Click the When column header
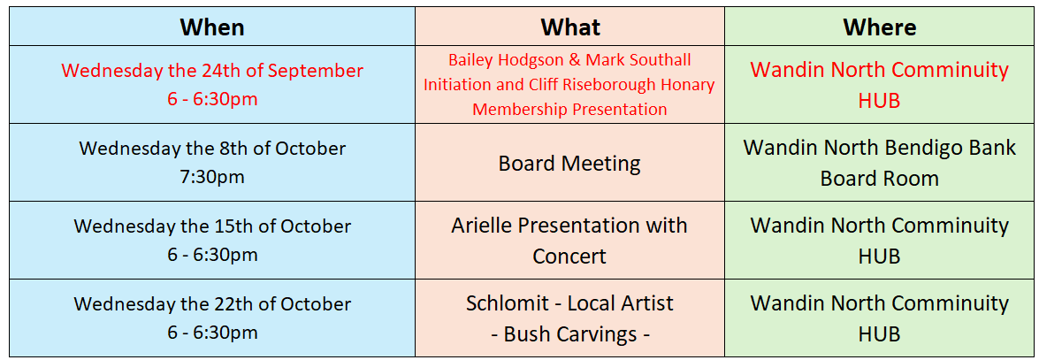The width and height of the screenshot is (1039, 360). pos(212,27)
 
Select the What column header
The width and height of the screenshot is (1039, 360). pos(569,27)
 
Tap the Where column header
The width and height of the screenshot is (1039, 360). pos(879,27)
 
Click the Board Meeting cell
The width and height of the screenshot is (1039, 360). pos(569,163)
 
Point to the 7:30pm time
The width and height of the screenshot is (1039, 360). pos(212,177)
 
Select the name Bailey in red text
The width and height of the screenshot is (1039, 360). pos(471,59)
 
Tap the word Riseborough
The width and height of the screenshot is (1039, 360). pos(636,85)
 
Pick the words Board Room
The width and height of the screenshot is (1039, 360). pos(879,179)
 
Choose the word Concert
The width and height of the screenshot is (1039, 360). pos(569,257)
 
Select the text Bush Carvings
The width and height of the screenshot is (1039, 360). pos(569,334)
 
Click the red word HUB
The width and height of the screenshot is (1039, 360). pos(879,101)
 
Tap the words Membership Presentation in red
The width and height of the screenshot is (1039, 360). pos(569,110)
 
